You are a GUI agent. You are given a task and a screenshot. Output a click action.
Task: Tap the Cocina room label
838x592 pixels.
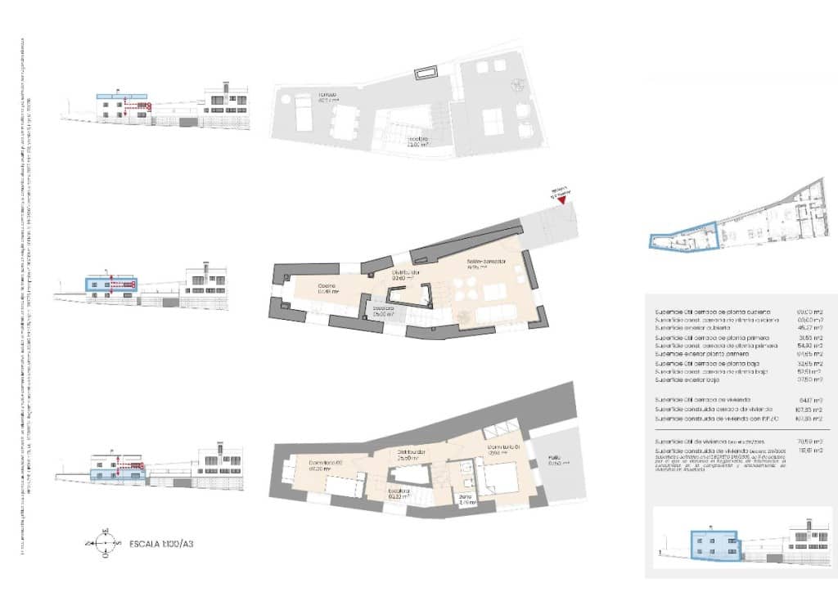point(330,286)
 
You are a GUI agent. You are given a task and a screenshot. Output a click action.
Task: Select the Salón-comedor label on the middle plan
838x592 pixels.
point(486,263)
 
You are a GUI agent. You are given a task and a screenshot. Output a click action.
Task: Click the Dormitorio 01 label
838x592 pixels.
point(500,449)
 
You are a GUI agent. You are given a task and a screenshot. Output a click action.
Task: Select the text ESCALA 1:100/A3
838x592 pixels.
point(167,543)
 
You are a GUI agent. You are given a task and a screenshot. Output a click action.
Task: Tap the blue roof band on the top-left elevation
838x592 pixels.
point(121,96)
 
